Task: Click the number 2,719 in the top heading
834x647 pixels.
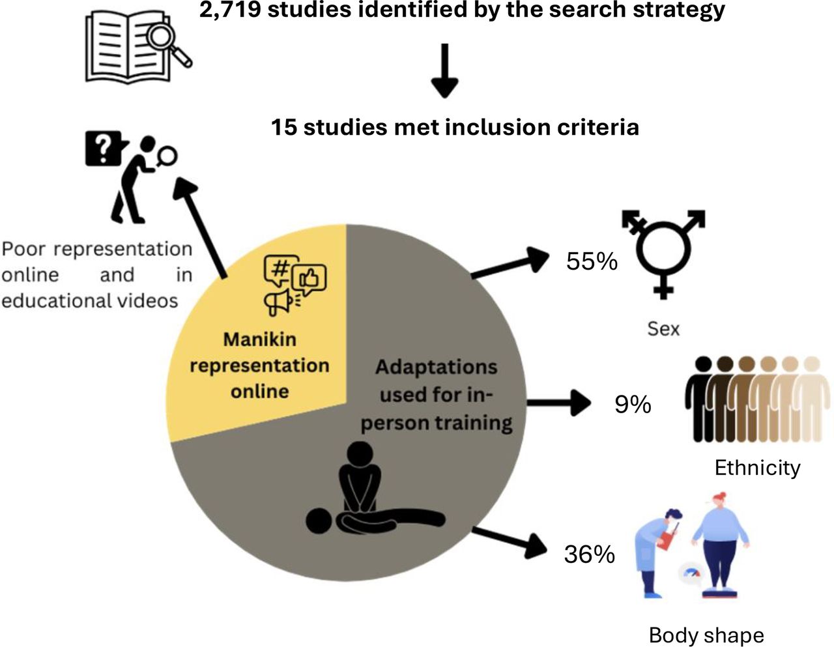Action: point(230,10)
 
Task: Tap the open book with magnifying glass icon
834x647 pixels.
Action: point(138,46)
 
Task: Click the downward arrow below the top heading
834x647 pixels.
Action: point(445,71)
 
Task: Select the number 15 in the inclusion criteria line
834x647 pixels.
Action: point(284,127)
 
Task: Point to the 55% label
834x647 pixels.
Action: point(592,261)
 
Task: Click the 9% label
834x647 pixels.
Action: point(633,404)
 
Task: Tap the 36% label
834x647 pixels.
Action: point(590,554)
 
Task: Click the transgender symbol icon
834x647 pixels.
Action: point(663,253)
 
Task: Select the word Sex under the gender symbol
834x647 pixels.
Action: point(663,329)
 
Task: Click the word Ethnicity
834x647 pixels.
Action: point(757,468)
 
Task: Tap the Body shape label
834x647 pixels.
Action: point(706,635)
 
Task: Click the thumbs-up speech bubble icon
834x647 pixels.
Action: point(309,280)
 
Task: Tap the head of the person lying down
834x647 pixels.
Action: point(319,521)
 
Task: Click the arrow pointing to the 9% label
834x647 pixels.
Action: point(559,403)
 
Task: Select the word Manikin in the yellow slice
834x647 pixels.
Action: point(260,339)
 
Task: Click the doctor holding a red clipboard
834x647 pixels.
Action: point(657,553)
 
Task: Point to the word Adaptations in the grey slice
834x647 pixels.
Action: point(437,367)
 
